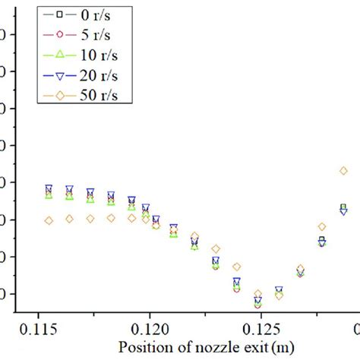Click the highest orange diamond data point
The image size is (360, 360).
pos(343,172)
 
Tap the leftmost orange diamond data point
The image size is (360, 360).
pos(49,220)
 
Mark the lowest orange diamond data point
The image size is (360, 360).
pos(257,294)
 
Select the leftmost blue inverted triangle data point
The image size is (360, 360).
pos(49,188)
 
